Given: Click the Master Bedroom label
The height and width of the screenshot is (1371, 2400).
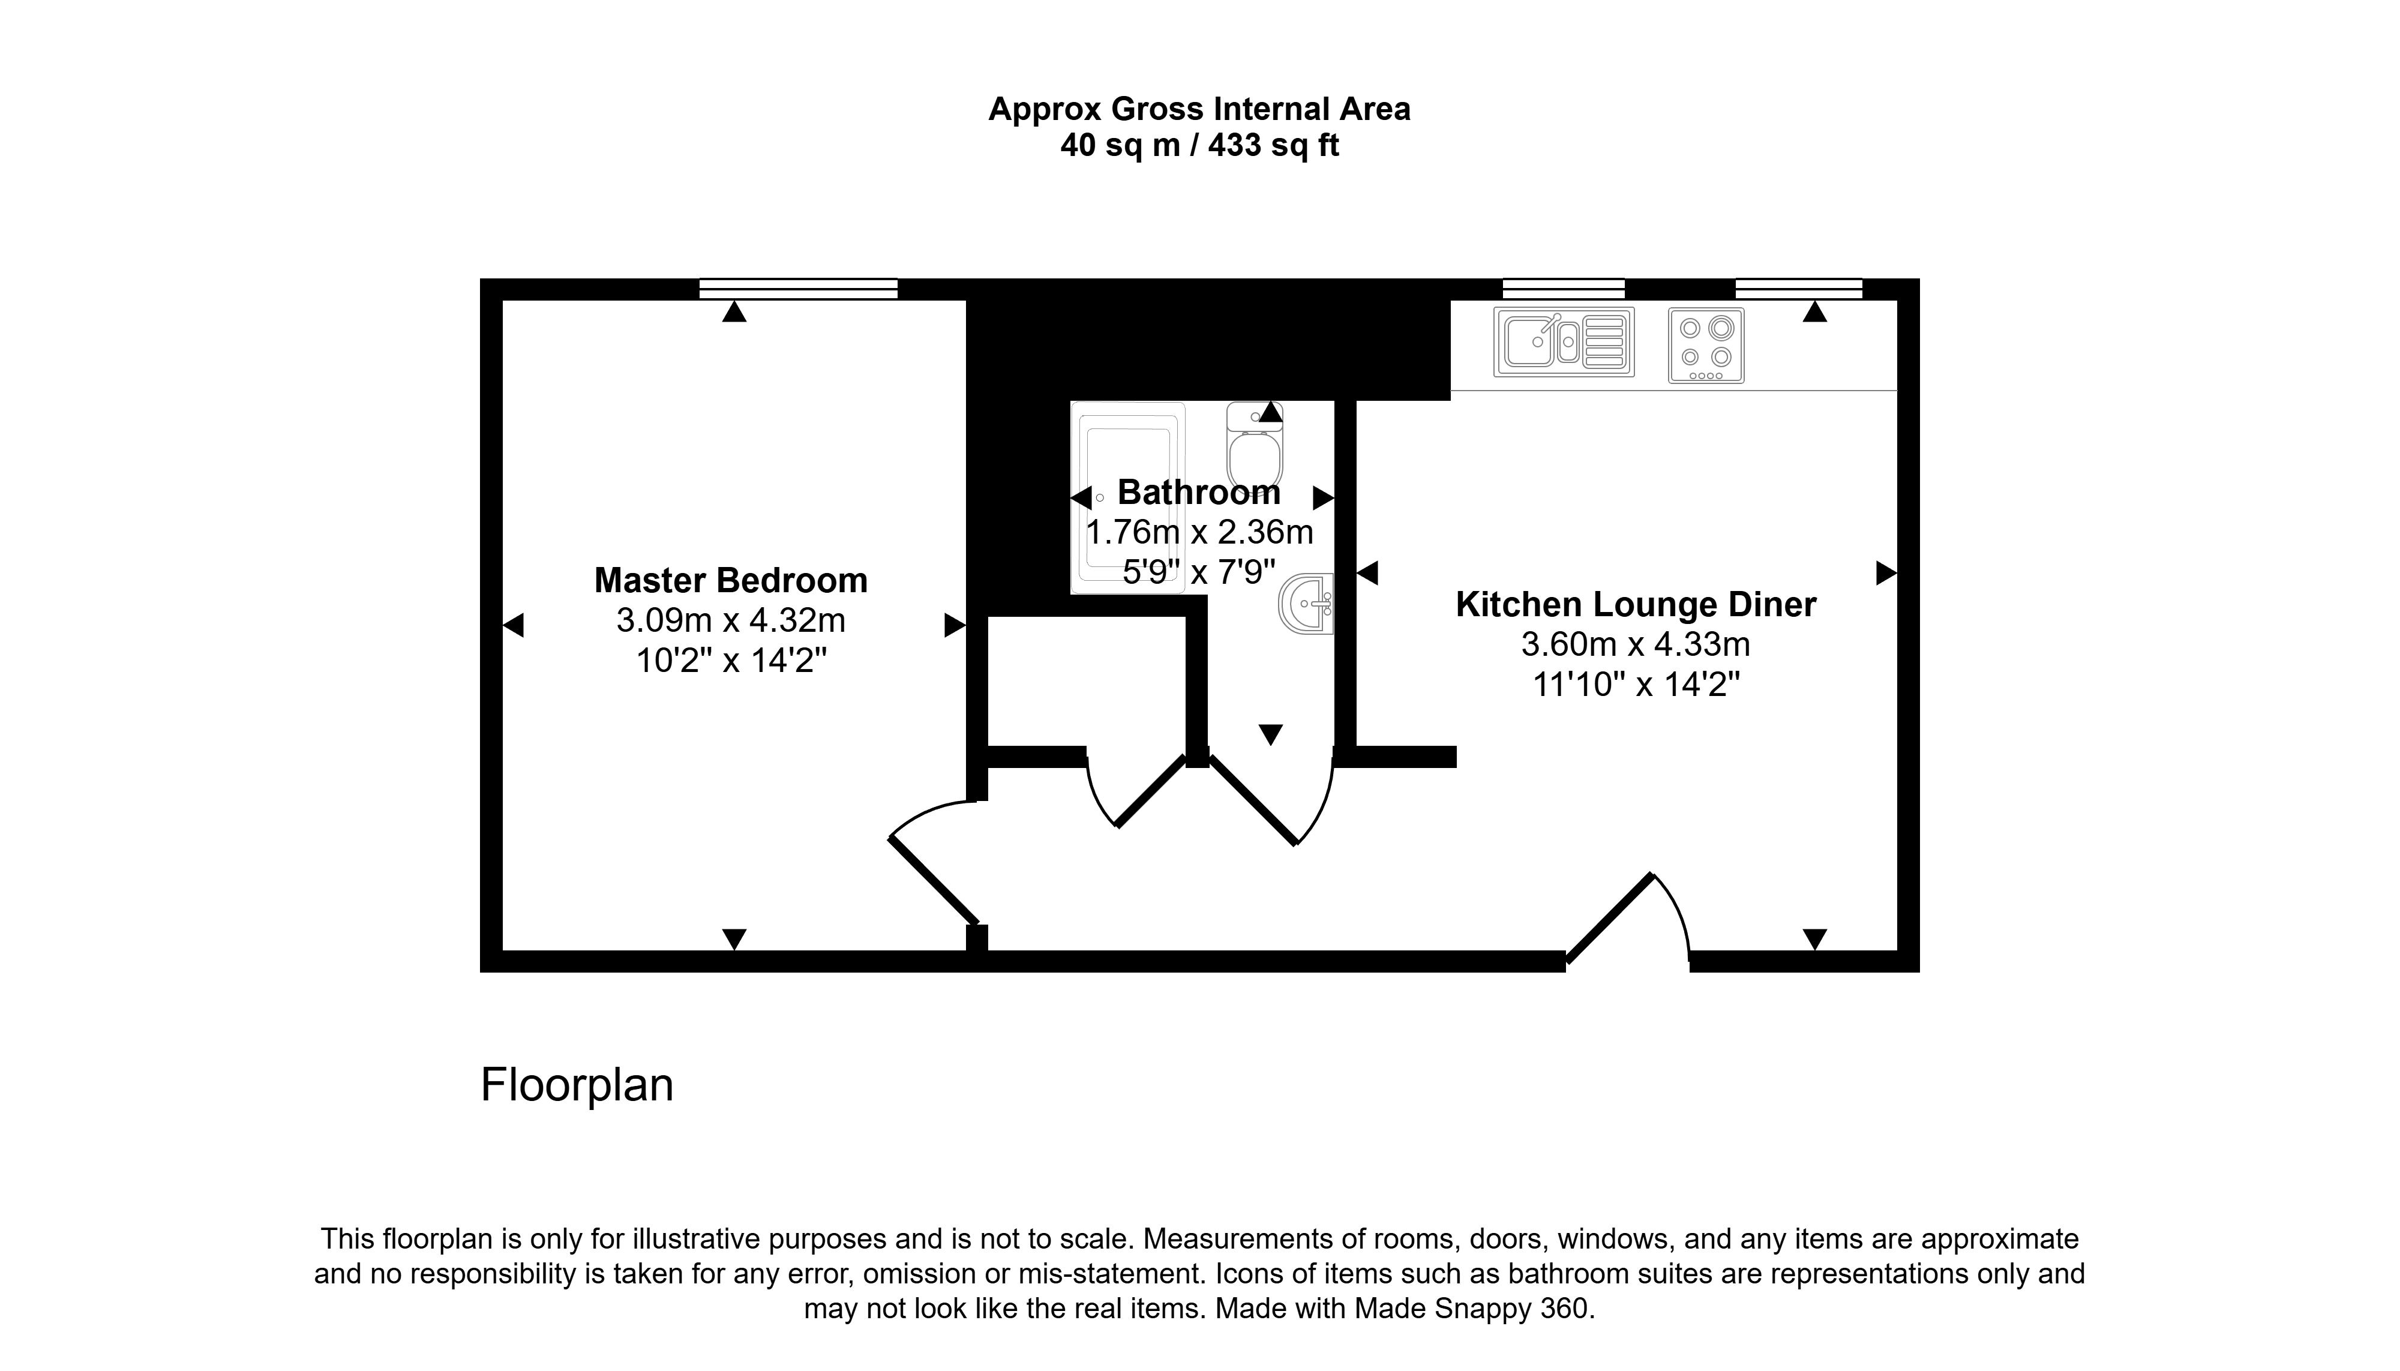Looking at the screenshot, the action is click(731, 580).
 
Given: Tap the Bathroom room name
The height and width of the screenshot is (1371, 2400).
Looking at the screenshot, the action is click(1199, 493).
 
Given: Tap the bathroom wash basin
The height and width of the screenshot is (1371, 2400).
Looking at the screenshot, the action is click(1306, 604).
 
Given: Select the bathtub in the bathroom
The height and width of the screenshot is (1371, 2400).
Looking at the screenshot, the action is click(1128, 497).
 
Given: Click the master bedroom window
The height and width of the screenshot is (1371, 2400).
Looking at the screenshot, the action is click(799, 289).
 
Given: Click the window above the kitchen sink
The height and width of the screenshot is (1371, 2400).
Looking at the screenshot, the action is click(1563, 289).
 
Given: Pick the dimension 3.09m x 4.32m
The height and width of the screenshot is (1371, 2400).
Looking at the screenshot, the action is click(731, 620).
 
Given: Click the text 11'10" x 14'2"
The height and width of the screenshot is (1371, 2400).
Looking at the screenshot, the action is click(1636, 685).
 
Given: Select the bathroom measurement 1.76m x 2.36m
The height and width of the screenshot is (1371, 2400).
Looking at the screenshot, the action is click(1199, 533).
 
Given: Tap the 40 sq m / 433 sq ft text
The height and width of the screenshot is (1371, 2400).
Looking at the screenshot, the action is click(1199, 146).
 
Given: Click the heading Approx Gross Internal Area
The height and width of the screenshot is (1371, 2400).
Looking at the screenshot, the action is click(1199, 109).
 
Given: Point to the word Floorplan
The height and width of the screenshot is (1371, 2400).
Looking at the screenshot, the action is click(577, 1085).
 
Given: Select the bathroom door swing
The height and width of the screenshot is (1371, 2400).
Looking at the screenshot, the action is click(1270, 799).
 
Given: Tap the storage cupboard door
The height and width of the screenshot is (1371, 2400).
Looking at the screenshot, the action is click(1135, 789).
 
